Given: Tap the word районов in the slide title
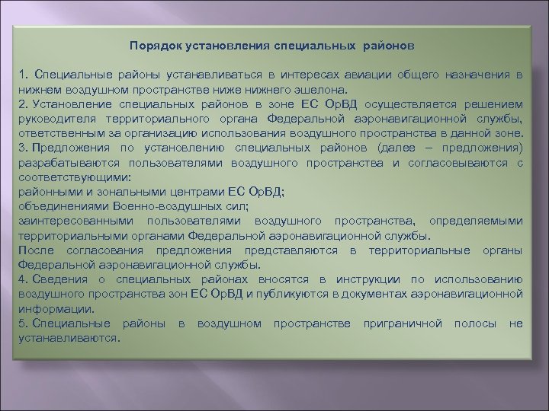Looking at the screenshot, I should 386,45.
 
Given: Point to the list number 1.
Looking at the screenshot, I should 23,77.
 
